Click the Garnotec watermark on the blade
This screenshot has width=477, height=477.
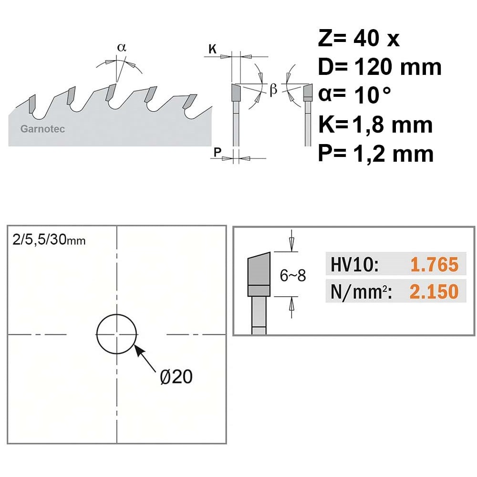[x=42, y=129]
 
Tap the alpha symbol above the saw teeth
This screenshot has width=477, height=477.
[x=121, y=47]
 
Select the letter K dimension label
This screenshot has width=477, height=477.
[x=212, y=49]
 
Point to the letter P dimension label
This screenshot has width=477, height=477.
[x=217, y=152]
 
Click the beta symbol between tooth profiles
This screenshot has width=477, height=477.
[x=273, y=90]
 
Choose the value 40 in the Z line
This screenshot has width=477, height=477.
[x=366, y=38]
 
